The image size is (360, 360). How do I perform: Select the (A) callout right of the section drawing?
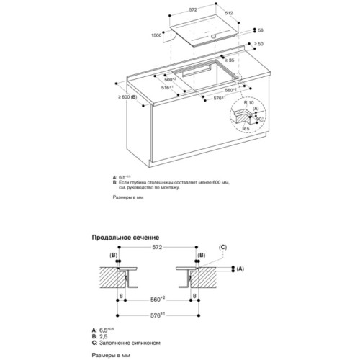click(x=240, y=269)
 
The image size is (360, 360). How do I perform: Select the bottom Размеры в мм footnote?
click(x=109, y=354)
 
